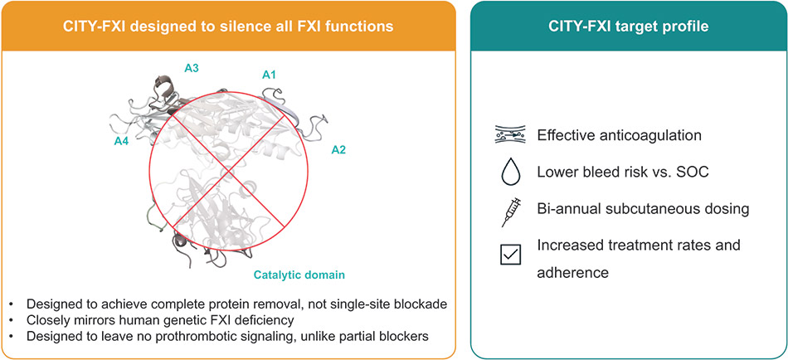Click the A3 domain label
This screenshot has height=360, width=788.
(x=191, y=68)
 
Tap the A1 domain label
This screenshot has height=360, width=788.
(x=270, y=75)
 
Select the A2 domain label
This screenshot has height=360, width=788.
(x=338, y=150)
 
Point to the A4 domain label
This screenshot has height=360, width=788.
(x=122, y=142)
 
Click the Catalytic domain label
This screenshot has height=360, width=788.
(x=299, y=275)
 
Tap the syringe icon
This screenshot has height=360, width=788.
(x=512, y=212)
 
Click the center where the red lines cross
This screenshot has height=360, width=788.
(x=229, y=172)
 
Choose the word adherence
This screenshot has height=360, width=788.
(x=573, y=273)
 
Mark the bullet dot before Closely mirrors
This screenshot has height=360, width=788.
(x=11, y=321)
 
